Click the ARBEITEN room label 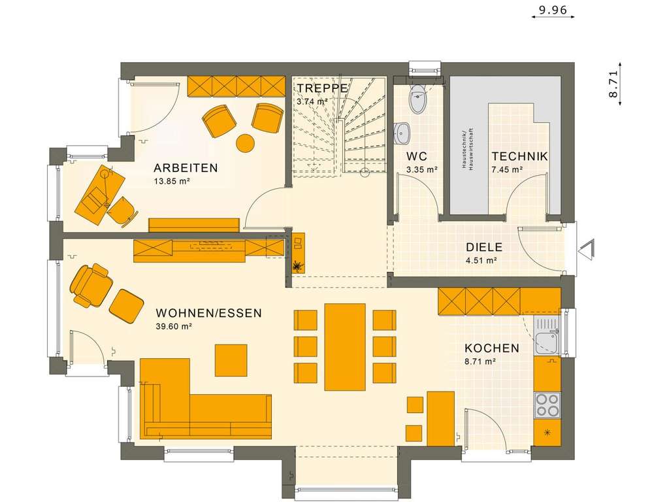pos(186,168)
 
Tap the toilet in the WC pos(417,100)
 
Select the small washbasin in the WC pos(402,133)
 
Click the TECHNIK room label pos(520,157)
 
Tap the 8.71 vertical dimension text pos(613,83)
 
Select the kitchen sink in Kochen pos(545,338)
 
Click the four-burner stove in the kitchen pos(547,405)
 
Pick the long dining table pos(345,346)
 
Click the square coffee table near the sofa pos(231,360)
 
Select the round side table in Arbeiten pos(245,142)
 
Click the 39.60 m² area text pos(173,326)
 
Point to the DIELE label pos(483,247)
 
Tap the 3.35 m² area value pos(421,169)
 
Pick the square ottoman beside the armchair pos(126,305)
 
